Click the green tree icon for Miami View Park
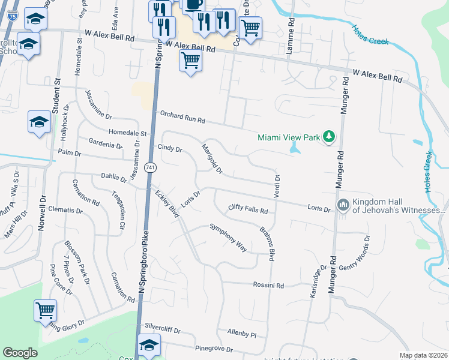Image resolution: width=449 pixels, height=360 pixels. point(328,137)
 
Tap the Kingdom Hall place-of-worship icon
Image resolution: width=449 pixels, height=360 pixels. point(343,205)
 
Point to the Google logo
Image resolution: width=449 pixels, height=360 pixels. point(20,353)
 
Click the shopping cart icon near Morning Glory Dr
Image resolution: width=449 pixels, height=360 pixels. point(45,311)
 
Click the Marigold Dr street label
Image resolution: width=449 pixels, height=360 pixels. point(212,159)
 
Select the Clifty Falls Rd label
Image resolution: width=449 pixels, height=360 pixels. point(247,209)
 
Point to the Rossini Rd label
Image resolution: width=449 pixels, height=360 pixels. point(268,285)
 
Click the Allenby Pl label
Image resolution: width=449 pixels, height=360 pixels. point(242,332)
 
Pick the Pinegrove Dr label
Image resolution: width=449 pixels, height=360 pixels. point(214,349)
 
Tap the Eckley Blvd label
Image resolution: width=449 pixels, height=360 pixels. point(167,205)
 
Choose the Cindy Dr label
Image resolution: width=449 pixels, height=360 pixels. point(169,148)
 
